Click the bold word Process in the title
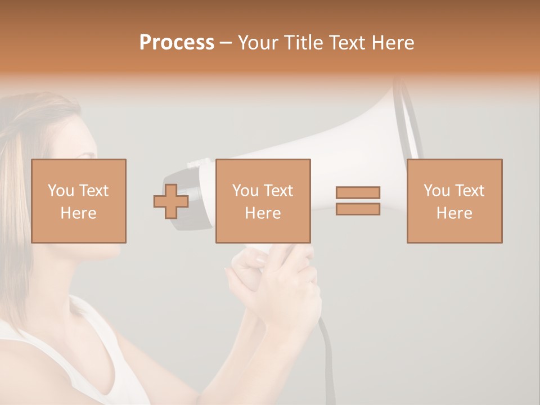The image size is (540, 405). click(177, 42)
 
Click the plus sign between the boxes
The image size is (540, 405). click(171, 201)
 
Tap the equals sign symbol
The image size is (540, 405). click(358, 201)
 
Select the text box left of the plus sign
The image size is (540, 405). click(78, 201)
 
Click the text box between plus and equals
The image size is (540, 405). click(263, 201)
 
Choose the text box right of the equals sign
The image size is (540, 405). click(454, 201)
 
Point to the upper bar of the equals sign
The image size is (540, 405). click(358, 192)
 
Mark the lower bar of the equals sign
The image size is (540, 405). click(358, 209)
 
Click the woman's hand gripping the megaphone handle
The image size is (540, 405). click(281, 281)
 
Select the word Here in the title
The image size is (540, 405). click(393, 42)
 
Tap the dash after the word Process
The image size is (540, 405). click(226, 43)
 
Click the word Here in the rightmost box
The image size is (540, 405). click(454, 213)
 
